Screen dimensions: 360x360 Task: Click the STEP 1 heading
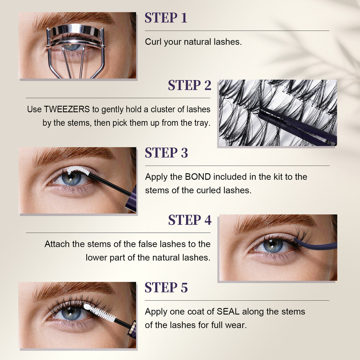click(166, 18)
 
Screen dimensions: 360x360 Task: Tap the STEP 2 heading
click(190, 85)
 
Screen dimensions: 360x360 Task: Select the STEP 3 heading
click(166, 153)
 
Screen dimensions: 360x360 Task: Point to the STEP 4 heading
click(190, 220)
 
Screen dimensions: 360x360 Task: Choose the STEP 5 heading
click(166, 287)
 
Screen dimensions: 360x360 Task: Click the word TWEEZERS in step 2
click(67, 109)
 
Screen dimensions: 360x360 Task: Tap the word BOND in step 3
click(198, 177)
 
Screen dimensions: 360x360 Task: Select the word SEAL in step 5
click(228, 311)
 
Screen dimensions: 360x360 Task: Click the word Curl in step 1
click(153, 42)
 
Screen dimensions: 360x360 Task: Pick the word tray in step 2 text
click(203, 123)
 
